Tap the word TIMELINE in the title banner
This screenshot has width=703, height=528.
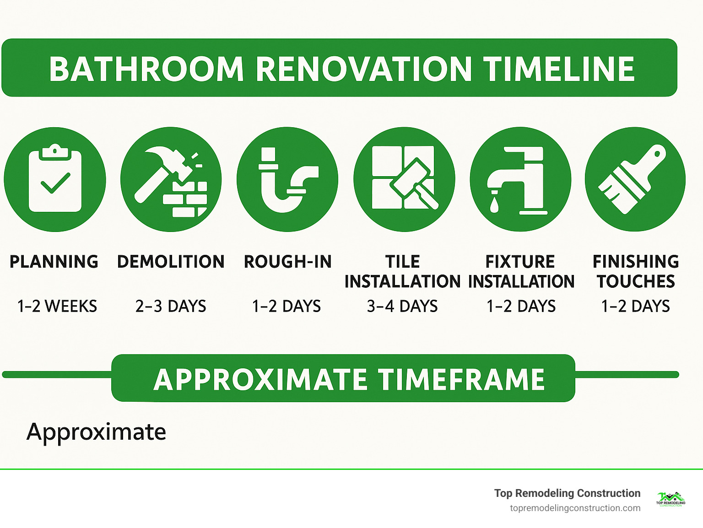[x=559, y=70]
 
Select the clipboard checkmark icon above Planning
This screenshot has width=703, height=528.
[x=55, y=179]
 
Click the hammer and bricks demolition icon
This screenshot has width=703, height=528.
[x=171, y=179]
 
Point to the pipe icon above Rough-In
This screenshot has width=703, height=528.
[x=287, y=179]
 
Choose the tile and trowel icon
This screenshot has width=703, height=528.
[x=404, y=179]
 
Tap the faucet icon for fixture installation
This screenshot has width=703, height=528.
[x=520, y=179]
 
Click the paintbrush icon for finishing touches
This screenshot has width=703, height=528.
[x=635, y=179]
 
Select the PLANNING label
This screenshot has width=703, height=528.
[x=54, y=262]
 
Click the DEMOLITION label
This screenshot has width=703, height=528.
[x=171, y=262]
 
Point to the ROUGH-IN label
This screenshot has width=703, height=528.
[x=287, y=262]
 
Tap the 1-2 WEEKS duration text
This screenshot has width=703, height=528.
[x=57, y=306]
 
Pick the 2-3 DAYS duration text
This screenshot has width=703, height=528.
[x=171, y=306]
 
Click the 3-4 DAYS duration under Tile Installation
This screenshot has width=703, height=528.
[x=402, y=306]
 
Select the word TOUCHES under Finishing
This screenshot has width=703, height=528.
[x=636, y=281]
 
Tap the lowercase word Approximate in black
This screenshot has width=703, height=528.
[x=96, y=432]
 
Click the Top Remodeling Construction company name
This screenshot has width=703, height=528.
[x=567, y=493]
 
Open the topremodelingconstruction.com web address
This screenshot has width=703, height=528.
[x=575, y=508]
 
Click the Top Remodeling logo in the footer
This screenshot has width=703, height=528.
[x=671, y=499]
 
